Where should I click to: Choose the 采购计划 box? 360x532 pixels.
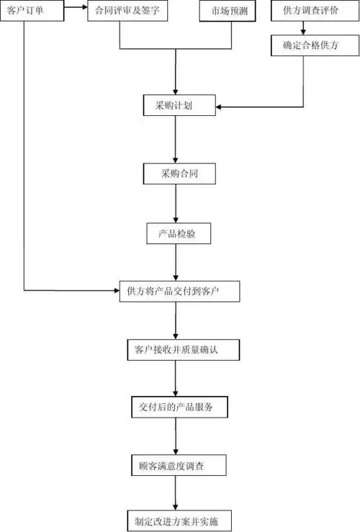coord(178,105)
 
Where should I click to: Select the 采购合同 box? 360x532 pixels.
coord(178,173)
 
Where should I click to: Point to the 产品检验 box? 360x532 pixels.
coord(178,234)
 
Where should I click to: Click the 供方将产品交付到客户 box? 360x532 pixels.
coord(177,290)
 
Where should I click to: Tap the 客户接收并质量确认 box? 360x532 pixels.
coord(177,350)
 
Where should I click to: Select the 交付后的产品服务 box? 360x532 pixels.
coord(177,407)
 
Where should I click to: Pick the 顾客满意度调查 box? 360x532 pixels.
coord(177,466)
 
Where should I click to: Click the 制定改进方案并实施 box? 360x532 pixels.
coord(177,520)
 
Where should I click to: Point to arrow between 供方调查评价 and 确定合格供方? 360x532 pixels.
coord(306,30)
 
